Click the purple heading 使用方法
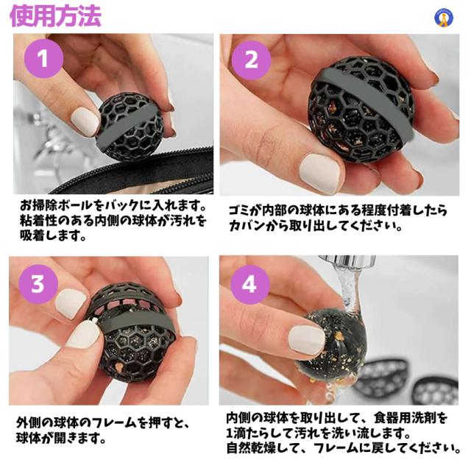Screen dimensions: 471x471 click(56, 15)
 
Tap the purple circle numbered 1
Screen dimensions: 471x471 click(43, 59)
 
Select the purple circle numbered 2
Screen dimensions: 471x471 click(252, 60)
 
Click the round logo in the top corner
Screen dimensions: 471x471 click(444, 18)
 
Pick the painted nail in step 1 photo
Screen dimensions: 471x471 click(85, 122)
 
